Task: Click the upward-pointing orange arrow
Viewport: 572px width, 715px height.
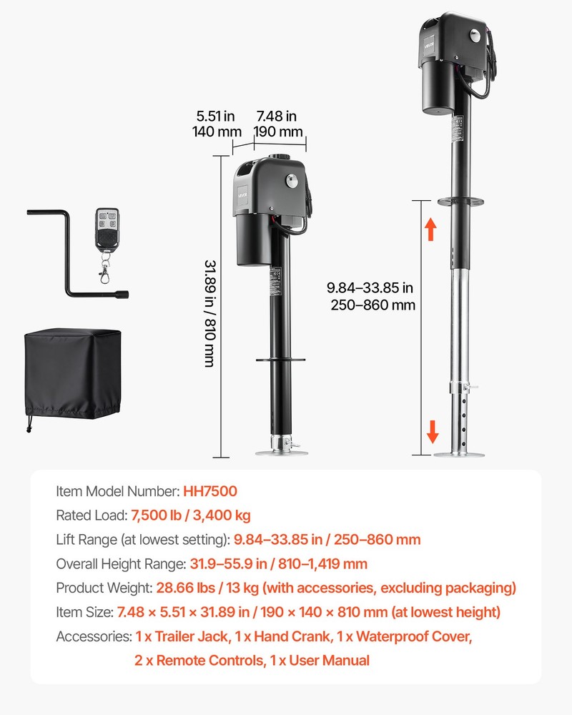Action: coord(430,230)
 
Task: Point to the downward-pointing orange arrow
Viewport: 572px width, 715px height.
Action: coord(433,432)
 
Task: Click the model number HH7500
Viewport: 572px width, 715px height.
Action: coord(210,491)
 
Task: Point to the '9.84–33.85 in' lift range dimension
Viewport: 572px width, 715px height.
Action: coord(370,288)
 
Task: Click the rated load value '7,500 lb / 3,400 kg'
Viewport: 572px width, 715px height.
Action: coord(190,516)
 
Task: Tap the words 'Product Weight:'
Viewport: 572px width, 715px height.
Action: coord(103,588)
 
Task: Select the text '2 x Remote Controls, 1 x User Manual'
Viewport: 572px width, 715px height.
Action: coord(252,660)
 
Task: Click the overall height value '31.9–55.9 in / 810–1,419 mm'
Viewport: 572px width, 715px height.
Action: coord(279,563)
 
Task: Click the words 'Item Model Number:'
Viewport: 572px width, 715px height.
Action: coord(117,491)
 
